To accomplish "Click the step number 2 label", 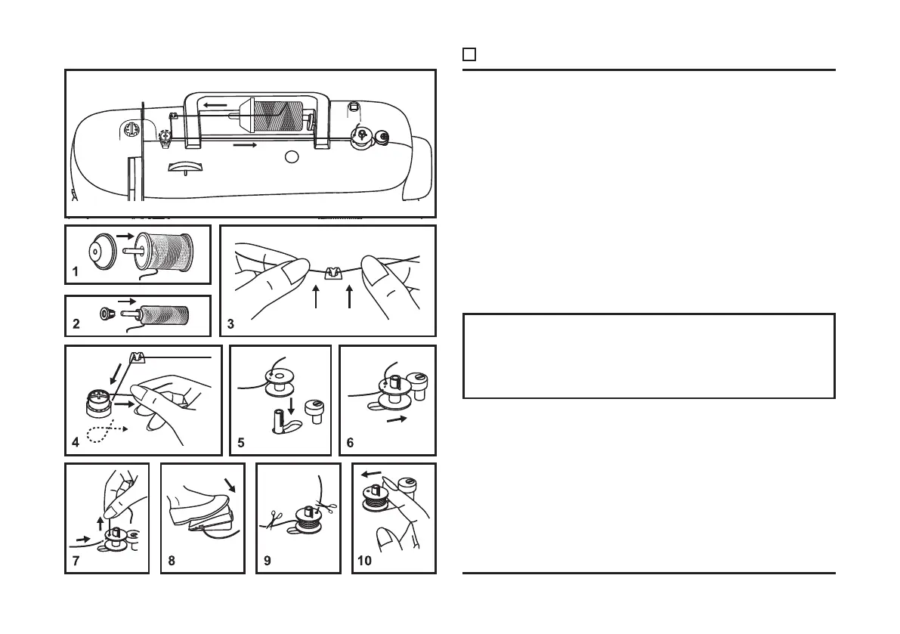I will (x=76, y=325).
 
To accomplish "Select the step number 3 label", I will (x=230, y=325).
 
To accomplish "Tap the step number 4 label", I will (x=76, y=444).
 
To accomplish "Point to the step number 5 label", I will (x=240, y=444).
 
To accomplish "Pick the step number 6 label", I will (x=350, y=444).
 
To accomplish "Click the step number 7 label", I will (x=76, y=561).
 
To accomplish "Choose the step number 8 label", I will (x=172, y=561).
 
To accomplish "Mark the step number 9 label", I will (x=267, y=561).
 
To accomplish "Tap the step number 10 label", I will (x=365, y=561).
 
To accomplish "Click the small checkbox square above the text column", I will (x=469, y=54).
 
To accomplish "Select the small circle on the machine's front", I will (x=292, y=156).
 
